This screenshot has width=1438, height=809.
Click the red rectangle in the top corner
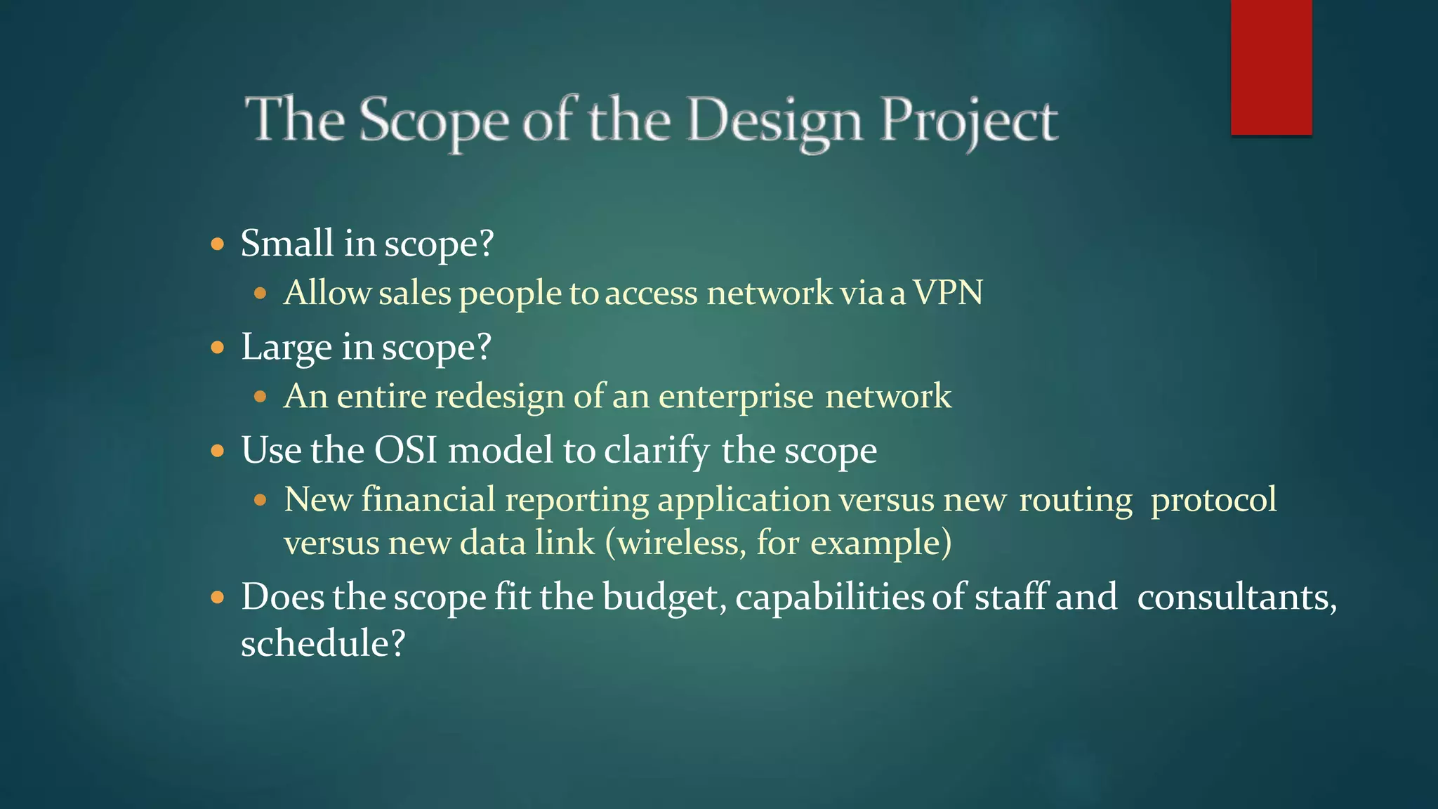tap(1271, 67)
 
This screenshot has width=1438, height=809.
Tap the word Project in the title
tap(969, 121)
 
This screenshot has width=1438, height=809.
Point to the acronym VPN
tap(947, 292)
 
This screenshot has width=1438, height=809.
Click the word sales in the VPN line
tap(414, 292)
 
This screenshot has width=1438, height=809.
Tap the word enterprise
tap(735, 397)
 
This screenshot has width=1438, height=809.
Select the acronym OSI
tap(405, 450)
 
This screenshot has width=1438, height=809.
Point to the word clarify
tap(657, 451)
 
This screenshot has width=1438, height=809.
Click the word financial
tap(428, 500)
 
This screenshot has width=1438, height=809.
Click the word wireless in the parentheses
tap(678, 543)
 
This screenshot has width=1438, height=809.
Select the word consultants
tap(1236, 598)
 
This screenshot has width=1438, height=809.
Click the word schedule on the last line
tap(322, 643)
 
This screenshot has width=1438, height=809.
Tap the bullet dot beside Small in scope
tap(218, 244)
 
